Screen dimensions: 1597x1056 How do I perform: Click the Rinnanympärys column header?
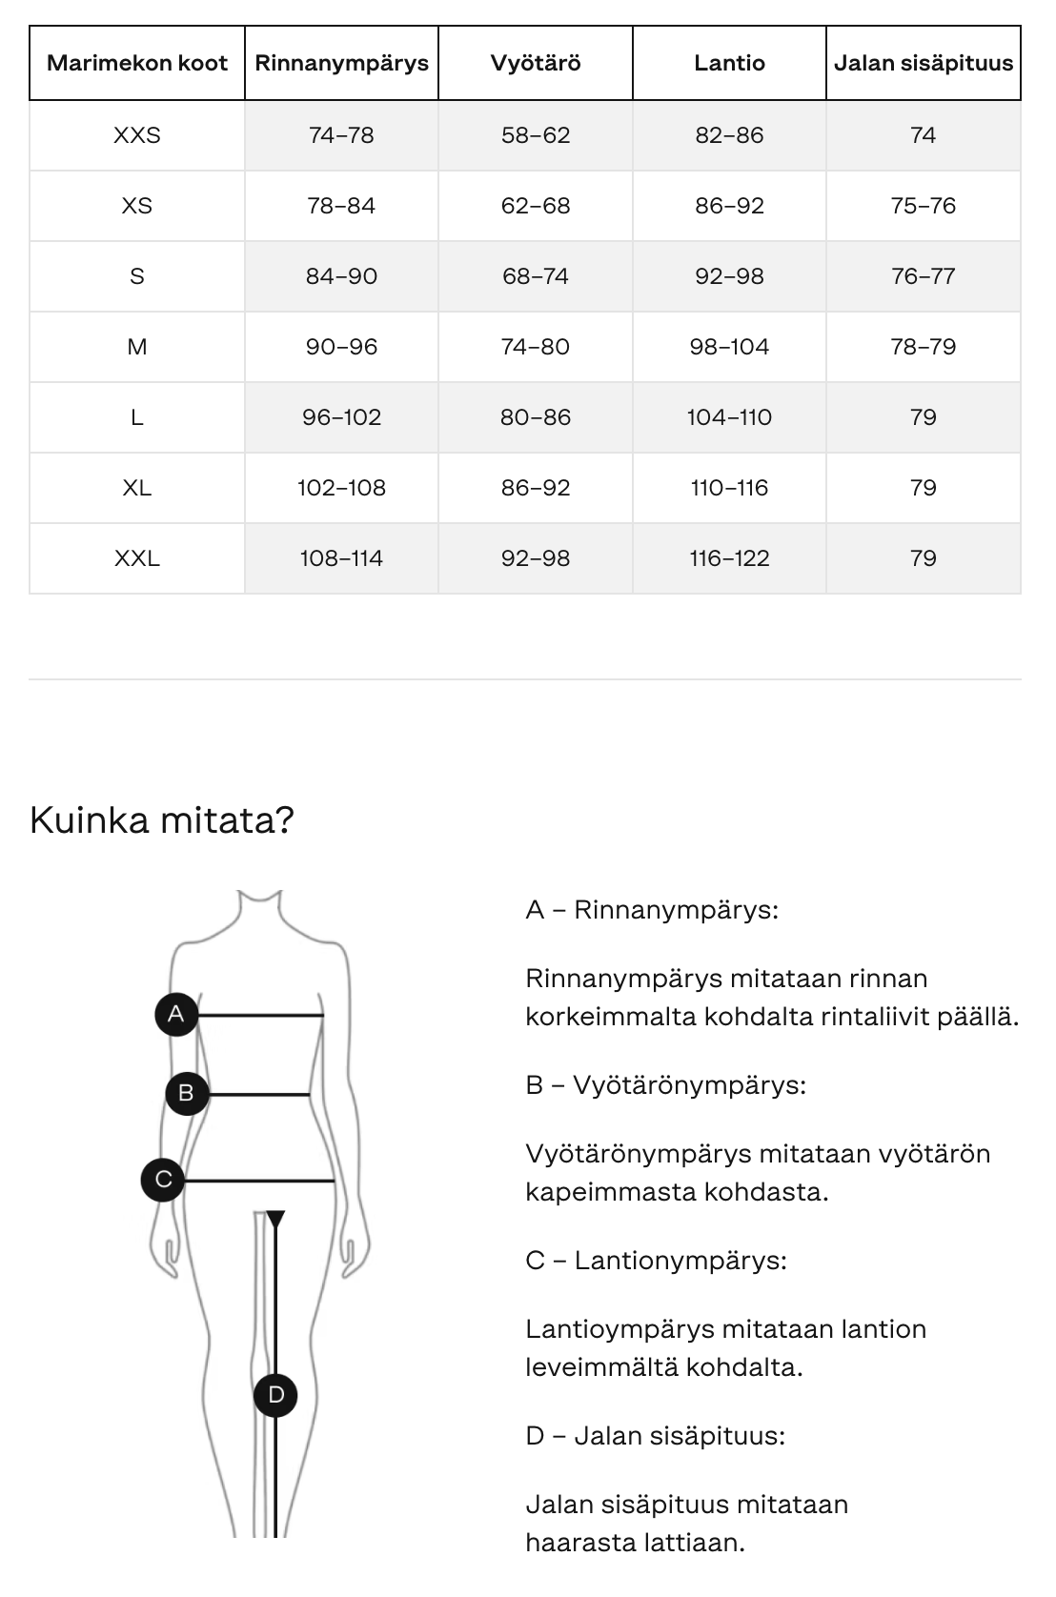pyautogui.click(x=341, y=64)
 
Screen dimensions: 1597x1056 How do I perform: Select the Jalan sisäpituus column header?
pyautogui.click(x=923, y=64)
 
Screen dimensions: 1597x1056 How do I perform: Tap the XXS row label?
pyautogui.click(x=137, y=135)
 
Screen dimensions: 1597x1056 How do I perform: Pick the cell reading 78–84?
pyautogui.click(x=341, y=206)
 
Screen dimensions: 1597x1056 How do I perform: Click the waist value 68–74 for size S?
pyautogui.click(x=535, y=276)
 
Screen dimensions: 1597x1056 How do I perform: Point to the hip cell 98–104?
pyautogui.click(x=729, y=347)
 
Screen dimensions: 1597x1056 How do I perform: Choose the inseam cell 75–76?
pyautogui.click(x=923, y=206)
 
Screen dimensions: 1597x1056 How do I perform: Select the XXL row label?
pyautogui.click(x=137, y=558)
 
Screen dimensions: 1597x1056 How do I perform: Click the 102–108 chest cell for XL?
pyautogui.click(x=341, y=488)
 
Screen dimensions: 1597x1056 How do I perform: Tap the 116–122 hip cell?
pyautogui.click(x=729, y=558)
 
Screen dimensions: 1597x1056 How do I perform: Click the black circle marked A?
pyautogui.click(x=175, y=1014)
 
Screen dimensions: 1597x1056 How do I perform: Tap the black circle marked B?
pyautogui.click(x=186, y=1093)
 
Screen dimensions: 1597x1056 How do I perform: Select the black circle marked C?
pyautogui.click(x=163, y=1180)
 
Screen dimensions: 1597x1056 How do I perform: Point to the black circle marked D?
pyautogui.click(x=276, y=1395)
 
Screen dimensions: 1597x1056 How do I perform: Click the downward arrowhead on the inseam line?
pyautogui.click(x=275, y=1219)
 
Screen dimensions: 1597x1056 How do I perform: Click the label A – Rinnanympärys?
pyautogui.click(x=652, y=910)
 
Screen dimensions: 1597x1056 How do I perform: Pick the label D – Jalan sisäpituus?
pyautogui.click(x=655, y=1436)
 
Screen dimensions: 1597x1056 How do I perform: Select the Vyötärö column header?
pyautogui.click(x=535, y=64)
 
